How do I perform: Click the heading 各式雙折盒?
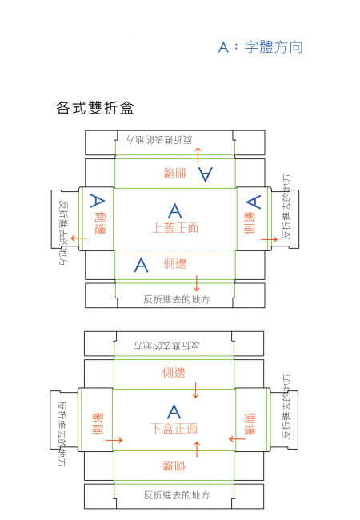tap(95, 108)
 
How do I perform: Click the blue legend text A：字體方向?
tap(261, 46)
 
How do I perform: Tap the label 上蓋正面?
tap(175, 228)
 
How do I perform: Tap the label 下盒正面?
tap(174, 428)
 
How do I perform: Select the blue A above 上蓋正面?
tap(175, 210)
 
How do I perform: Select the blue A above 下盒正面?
tap(174, 411)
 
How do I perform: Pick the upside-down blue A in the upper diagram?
tap(206, 174)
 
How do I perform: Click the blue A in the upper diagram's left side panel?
tap(97, 201)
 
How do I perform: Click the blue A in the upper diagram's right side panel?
tap(254, 202)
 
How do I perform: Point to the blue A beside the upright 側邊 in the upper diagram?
tap(142, 265)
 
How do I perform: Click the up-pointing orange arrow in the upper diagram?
tap(198, 155)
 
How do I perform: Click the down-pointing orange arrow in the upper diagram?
tap(197, 283)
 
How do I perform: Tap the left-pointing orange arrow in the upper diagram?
tap(79, 238)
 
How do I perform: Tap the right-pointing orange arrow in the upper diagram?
tap(269, 239)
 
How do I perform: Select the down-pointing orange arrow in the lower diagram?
tap(195, 390)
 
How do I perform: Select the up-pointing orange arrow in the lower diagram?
tap(197, 450)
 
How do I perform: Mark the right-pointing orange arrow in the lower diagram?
tap(114, 441)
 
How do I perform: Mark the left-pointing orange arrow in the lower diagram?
tap(237, 439)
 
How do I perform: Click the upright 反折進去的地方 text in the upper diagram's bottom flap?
tap(176, 299)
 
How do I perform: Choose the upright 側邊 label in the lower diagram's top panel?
tap(174, 373)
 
